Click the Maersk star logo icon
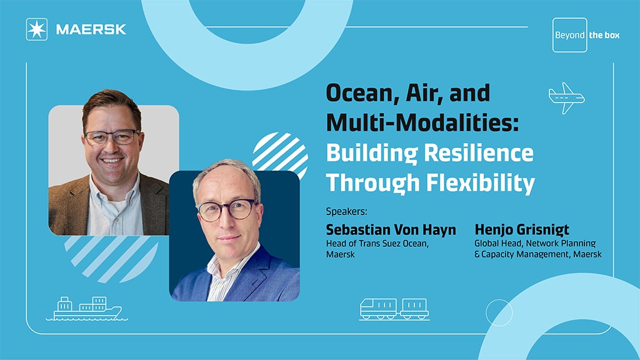37,29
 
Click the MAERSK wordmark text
91,29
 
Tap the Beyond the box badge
586,35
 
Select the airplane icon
566,98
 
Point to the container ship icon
86,309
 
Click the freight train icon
394,309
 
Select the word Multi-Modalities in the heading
422,122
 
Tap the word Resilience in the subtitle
478,152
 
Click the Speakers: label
346,212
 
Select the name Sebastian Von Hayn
391,230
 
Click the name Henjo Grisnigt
522,230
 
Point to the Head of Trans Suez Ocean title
377,244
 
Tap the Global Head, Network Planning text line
535,244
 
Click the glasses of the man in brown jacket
111,137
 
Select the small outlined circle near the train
499,312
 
